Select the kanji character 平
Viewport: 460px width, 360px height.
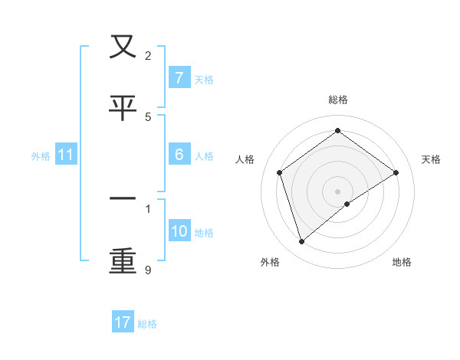pyautogui.click(x=123, y=108)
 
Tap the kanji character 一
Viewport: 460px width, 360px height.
pyautogui.click(x=123, y=200)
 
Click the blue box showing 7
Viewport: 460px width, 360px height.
pyautogui.click(x=179, y=78)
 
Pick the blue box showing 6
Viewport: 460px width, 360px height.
pyautogui.click(x=179, y=155)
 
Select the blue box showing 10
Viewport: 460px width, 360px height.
pyautogui.click(x=179, y=231)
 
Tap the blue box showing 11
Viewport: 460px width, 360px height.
pyautogui.click(x=66, y=155)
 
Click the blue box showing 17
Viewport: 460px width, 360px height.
pyautogui.click(x=123, y=322)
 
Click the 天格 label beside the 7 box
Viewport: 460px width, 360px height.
pyautogui.click(x=204, y=79)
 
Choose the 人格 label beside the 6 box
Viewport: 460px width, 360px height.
pyautogui.click(x=204, y=155)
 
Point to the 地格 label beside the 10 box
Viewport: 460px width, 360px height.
pyautogui.click(x=204, y=232)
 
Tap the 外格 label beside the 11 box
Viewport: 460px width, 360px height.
pyautogui.click(x=41, y=155)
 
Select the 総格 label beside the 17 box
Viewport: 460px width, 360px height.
pyautogui.click(x=147, y=323)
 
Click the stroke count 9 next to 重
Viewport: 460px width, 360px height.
pyautogui.click(x=148, y=270)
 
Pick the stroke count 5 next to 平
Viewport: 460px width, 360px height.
pyautogui.click(x=148, y=116)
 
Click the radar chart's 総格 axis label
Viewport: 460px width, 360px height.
pyautogui.click(x=338, y=100)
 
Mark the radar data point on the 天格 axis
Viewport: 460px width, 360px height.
pyautogui.click(x=396, y=172)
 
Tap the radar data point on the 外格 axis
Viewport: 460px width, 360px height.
pyautogui.click(x=302, y=242)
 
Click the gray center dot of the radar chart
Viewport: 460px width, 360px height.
pyautogui.click(x=338, y=191)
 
